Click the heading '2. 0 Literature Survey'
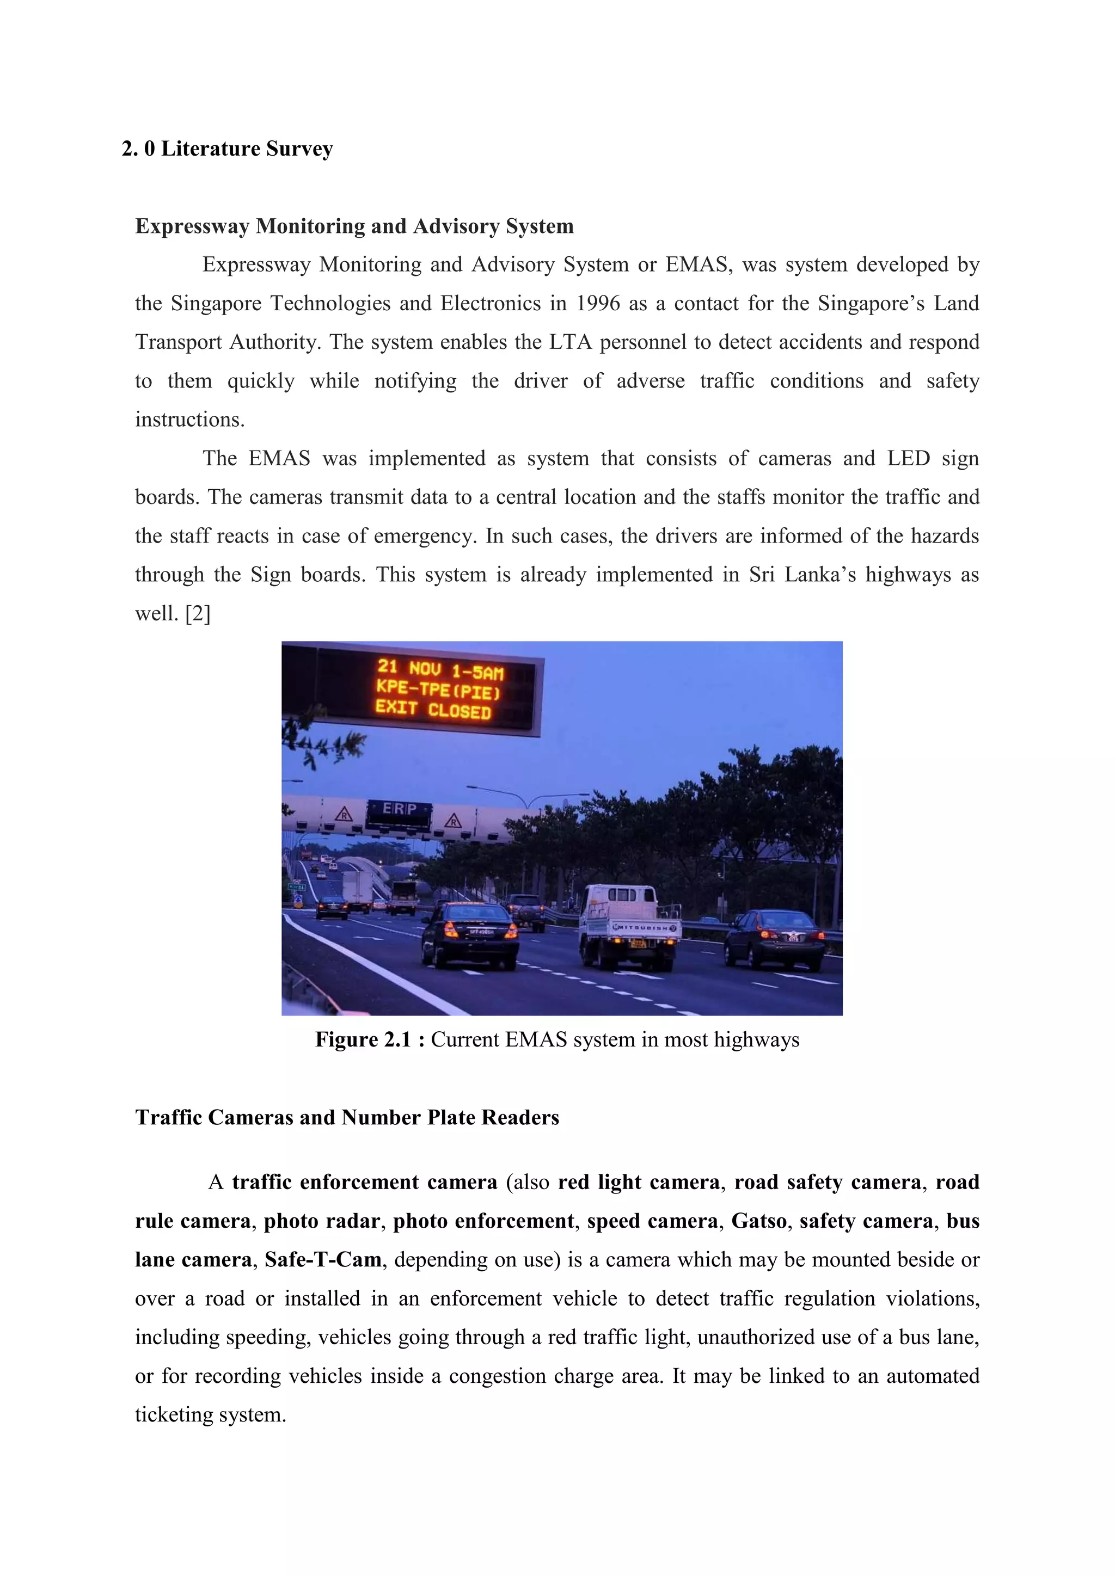tap(227, 149)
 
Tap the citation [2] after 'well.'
tap(198, 613)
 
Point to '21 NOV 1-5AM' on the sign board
tap(440, 669)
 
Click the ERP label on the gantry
tap(400, 809)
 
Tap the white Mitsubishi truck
tap(629, 924)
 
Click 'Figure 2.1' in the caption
tap(363, 1040)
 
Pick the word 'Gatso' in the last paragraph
tap(758, 1221)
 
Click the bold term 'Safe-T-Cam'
tap(323, 1260)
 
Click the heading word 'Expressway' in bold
tap(192, 226)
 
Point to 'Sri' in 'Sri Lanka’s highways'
tap(762, 575)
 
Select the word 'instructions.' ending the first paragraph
tap(190, 420)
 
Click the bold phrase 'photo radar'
tap(321, 1221)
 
